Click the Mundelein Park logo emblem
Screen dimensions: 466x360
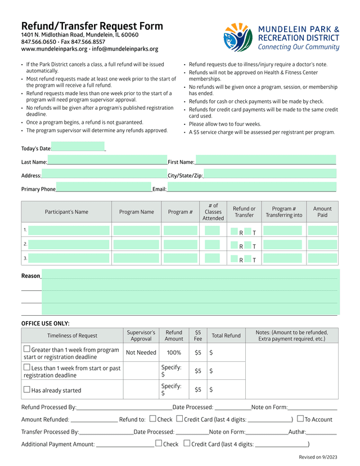pos(238,38)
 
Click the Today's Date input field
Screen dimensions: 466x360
pos(78,147)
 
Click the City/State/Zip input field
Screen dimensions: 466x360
pos(269,174)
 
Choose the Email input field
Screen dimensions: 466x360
pos(251,188)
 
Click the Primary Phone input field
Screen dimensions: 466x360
pos(103,188)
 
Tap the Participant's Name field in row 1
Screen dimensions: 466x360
pos(69,230)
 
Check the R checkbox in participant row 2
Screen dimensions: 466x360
pos(235,245)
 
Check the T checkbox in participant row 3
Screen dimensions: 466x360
pos(248,259)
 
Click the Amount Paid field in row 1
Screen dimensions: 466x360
pos(322,230)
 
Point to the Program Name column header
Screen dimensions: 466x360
pos(136,212)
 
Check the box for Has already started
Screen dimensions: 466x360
pos(26,389)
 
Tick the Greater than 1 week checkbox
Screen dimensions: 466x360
pos(26,349)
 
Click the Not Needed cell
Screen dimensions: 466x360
pos(141,353)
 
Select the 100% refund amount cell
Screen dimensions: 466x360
pos(174,353)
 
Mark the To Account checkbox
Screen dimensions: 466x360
pos(300,419)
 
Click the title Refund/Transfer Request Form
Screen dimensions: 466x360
pos(92,26)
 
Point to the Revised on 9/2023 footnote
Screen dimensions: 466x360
pos(318,457)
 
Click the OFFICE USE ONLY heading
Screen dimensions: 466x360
pos(46,324)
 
